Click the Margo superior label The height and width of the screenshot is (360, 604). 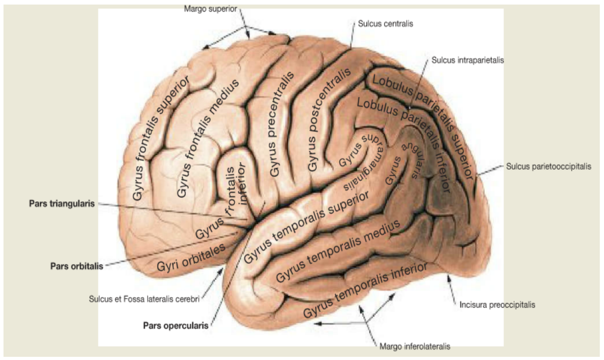click(210, 9)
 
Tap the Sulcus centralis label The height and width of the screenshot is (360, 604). click(385, 24)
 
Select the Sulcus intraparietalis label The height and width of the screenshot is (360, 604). click(468, 60)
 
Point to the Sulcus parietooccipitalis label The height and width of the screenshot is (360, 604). click(549, 166)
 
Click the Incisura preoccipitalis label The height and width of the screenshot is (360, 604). click(497, 305)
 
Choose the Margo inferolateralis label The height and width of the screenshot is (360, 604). click(415, 347)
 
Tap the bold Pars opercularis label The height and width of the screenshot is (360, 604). click(176, 326)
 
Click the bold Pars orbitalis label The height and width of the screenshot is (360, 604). click(77, 266)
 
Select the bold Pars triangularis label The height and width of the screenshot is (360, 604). click(62, 204)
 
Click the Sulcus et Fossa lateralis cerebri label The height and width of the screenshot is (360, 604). click(144, 299)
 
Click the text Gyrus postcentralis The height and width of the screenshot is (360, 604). click(328, 119)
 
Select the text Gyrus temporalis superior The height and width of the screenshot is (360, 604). click(306, 227)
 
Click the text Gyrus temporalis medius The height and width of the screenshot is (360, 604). click(338, 251)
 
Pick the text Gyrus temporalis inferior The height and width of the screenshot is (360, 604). click(365, 290)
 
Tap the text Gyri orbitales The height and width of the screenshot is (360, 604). click(191, 258)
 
